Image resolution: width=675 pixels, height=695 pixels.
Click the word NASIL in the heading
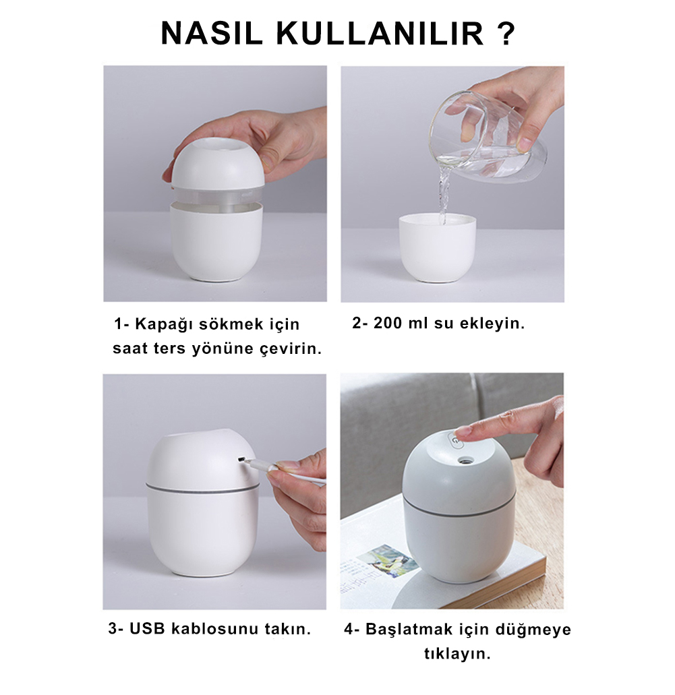(x=212, y=33)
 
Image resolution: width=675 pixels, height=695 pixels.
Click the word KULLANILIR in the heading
(x=380, y=33)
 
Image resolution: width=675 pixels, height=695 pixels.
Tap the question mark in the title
(x=505, y=33)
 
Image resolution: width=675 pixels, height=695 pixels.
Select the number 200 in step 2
(x=388, y=323)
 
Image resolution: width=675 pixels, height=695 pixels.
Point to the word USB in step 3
(x=147, y=628)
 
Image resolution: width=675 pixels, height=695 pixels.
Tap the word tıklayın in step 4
(x=457, y=655)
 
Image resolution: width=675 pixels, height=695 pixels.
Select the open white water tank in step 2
(x=437, y=247)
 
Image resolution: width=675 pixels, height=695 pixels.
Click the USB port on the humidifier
(x=241, y=460)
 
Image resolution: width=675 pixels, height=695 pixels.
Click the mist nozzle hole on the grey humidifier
(x=465, y=461)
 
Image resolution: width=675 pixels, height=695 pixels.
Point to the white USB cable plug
(x=257, y=464)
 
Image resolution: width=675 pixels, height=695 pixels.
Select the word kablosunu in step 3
(x=214, y=628)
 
